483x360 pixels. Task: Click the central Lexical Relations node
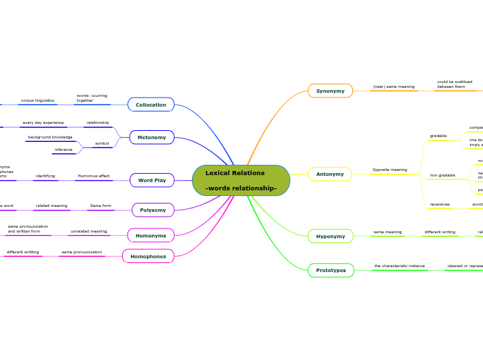point(241,180)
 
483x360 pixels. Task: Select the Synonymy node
point(330,91)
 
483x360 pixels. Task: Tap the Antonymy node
point(330,174)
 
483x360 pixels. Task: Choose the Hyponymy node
point(330,236)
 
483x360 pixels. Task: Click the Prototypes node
point(331,270)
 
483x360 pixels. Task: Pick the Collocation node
point(150,105)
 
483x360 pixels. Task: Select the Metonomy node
point(152,137)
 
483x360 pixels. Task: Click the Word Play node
point(152,180)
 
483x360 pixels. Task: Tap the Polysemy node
point(152,210)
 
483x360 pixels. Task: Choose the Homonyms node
point(150,235)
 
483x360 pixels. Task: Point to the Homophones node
point(148,256)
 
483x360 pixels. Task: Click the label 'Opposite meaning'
point(389,170)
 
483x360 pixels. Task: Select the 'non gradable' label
point(442,175)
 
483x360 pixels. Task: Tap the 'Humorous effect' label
point(94,176)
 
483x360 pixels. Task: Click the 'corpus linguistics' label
point(37,100)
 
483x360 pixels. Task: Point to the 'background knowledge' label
point(50,137)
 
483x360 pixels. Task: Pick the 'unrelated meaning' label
point(89,231)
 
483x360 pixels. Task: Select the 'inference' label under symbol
point(64,150)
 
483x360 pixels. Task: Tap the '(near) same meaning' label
point(394,87)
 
